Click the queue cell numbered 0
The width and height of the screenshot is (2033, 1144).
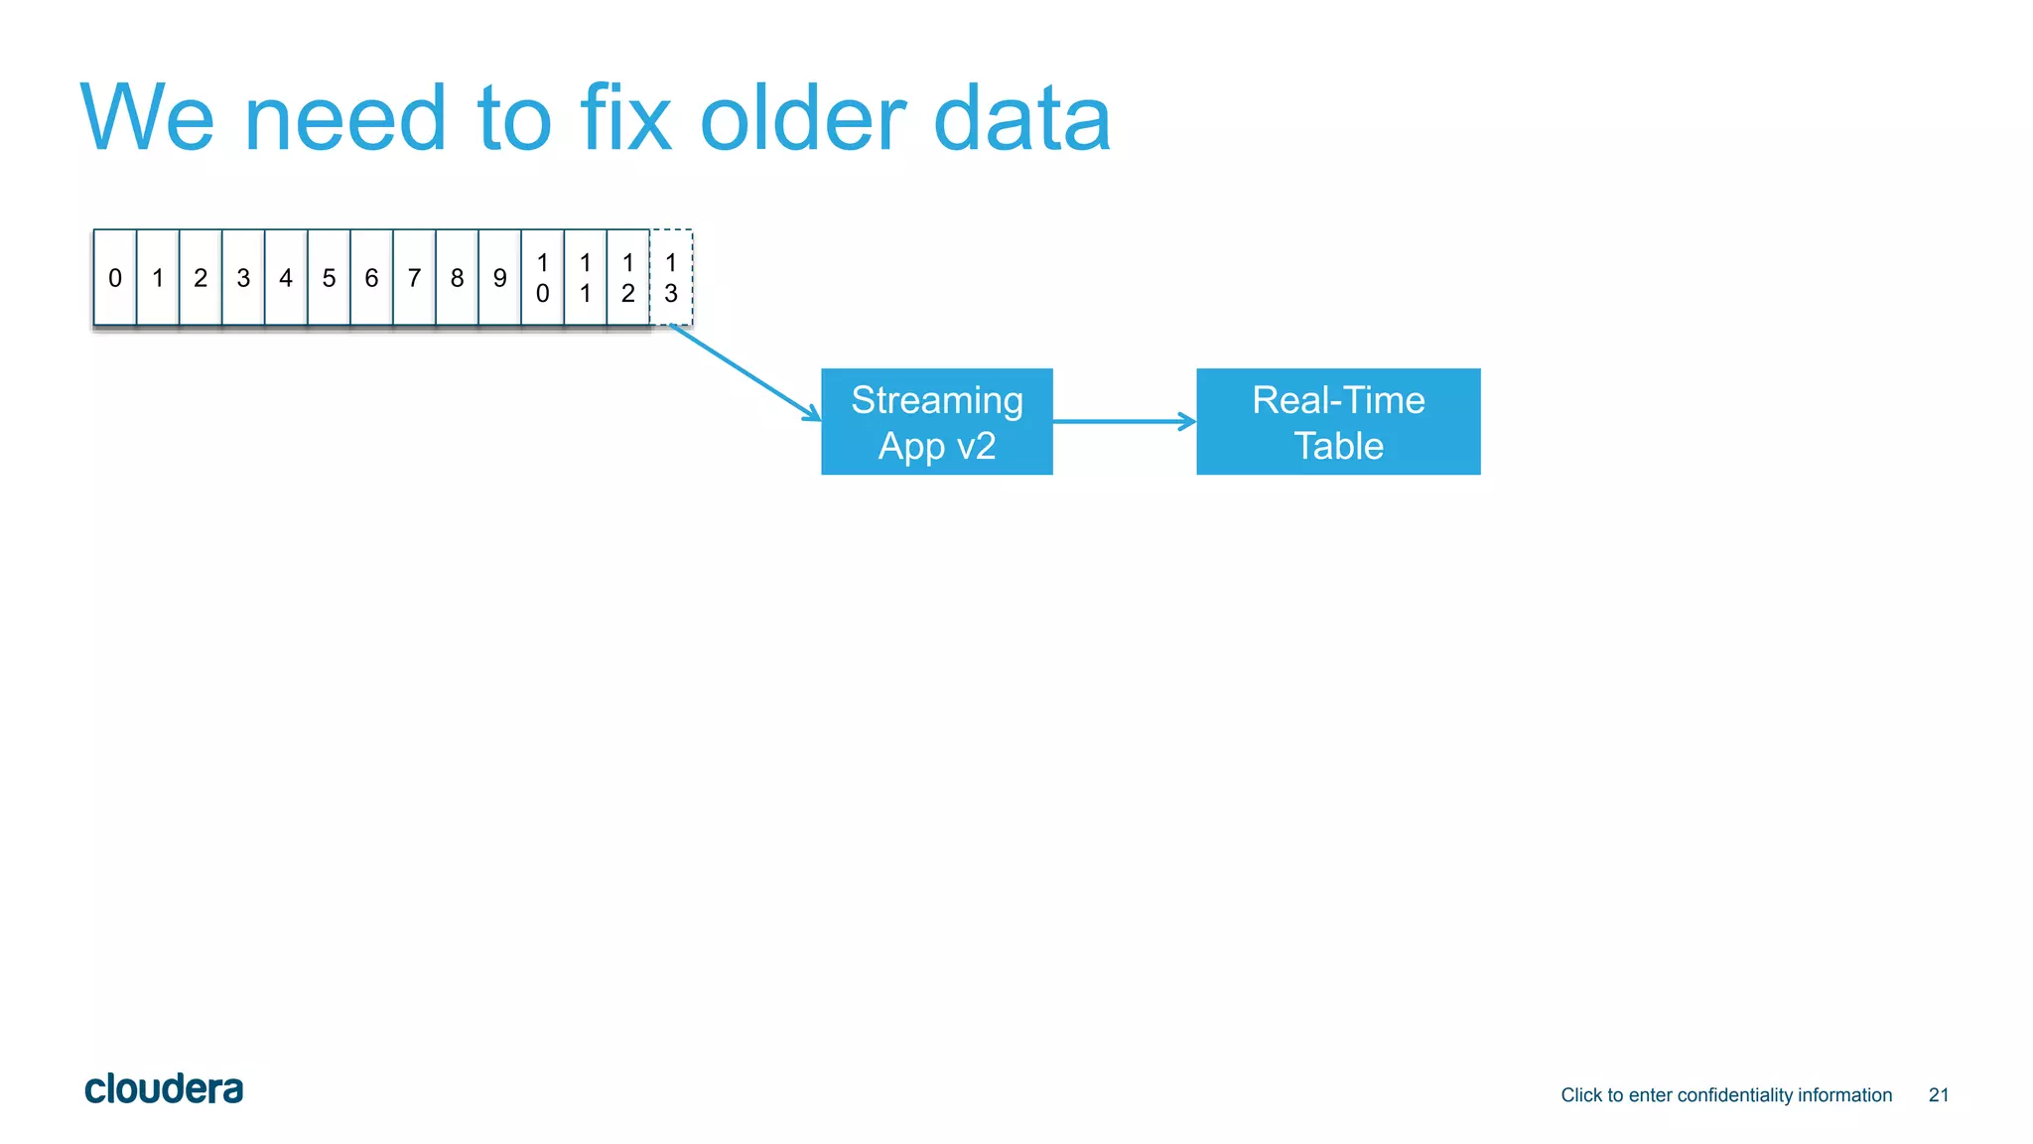(x=115, y=278)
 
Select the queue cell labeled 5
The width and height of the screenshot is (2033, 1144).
(x=329, y=278)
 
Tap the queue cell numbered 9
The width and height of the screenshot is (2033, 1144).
(x=499, y=278)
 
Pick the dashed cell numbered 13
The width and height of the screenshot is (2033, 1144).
(x=671, y=278)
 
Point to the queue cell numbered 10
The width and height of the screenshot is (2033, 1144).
(x=542, y=278)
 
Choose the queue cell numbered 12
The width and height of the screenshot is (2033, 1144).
(x=627, y=278)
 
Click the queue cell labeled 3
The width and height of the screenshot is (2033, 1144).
(x=243, y=278)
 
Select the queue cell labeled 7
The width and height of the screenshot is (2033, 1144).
(x=414, y=278)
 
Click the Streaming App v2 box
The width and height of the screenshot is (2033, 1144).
(x=936, y=422)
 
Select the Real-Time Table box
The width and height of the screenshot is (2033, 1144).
(x=1337, y=422)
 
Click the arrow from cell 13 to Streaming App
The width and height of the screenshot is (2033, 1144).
(x=745, y=372)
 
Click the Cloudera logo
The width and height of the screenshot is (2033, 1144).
(x=164, y=1089)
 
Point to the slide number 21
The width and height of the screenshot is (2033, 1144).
(x=1938, y=1095)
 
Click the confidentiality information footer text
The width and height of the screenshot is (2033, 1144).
(x=1725, y=1095)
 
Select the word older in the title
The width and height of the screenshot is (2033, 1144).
(x=802, y=119)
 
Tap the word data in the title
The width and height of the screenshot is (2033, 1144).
(x=1021, y=119)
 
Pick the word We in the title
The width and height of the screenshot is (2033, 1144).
(x=147, y=119)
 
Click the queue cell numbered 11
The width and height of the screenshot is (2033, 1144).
(x=585, y=278)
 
